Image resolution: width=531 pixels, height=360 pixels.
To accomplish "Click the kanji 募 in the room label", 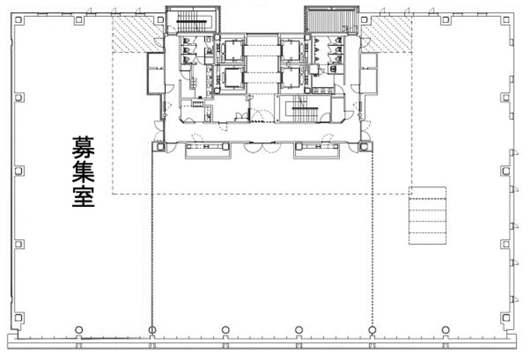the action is click(83, 148).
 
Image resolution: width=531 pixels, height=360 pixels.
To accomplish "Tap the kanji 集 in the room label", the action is click(83, 171).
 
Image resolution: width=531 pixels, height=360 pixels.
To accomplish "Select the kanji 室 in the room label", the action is click(83, 196).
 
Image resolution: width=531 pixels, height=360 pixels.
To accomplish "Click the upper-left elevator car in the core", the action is click(233, 50).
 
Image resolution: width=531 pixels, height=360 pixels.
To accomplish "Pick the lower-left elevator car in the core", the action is click(233, 78).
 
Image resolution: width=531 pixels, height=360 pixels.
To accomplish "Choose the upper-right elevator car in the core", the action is click(291, 51).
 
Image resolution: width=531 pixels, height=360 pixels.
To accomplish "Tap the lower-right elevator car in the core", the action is click(291, 78).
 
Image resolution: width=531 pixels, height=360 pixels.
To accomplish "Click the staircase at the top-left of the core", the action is click(192, 20).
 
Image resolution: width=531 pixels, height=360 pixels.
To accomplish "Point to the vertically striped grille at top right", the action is click(331, 20).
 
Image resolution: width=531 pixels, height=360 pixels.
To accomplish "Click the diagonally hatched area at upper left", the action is click(138, 34).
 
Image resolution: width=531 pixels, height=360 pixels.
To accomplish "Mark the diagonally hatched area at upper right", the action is click(387, 34).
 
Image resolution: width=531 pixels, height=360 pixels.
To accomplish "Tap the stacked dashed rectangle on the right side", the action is click(427, 216).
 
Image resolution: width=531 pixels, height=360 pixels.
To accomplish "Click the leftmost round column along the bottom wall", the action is click(79, 330).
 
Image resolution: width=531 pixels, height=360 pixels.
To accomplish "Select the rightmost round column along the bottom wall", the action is click(446, 330).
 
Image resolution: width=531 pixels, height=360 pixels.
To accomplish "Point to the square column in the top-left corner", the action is click(19, 20).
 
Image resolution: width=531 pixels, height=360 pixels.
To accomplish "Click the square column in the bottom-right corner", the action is click(505, 318).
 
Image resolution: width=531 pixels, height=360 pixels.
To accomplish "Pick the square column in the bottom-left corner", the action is click(19, 318).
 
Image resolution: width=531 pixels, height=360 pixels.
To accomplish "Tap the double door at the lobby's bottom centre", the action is click(262, 147).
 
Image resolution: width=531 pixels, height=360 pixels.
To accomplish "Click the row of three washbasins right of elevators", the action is click(323, 90).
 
